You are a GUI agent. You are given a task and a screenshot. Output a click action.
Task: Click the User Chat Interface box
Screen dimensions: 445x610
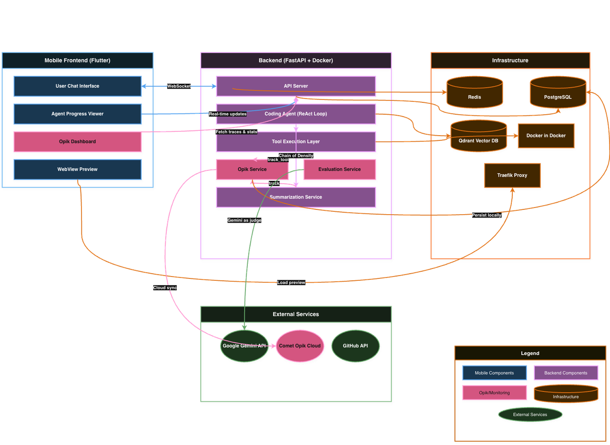(77, 86)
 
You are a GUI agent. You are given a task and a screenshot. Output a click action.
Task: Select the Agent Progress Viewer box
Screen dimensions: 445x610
(77, 114)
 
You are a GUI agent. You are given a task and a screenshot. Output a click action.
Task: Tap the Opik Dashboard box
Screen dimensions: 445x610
(77, 142)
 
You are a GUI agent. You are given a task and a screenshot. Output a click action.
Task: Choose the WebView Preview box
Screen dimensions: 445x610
(77, 169)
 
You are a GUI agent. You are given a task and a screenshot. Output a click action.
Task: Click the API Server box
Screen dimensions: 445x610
(296, 86)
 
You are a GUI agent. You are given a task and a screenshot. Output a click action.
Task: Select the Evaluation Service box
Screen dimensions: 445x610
(339, 169)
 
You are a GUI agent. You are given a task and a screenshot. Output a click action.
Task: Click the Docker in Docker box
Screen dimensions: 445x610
(546, 136)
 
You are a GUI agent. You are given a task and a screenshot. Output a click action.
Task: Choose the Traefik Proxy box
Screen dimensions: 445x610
(512, 175)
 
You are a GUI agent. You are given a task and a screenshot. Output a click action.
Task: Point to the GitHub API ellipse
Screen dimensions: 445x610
(356, 346)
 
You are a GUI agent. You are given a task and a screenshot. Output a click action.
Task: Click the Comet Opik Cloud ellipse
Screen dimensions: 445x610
(300, 346)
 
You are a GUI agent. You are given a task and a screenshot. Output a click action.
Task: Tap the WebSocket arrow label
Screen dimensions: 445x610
(179, 86)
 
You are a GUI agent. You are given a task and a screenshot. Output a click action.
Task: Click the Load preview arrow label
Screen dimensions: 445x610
(291, 283)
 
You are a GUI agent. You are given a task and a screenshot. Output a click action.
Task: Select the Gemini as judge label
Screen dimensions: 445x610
(244, 220)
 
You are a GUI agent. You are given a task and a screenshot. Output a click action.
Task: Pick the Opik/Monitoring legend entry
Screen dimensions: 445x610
(495, 393)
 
